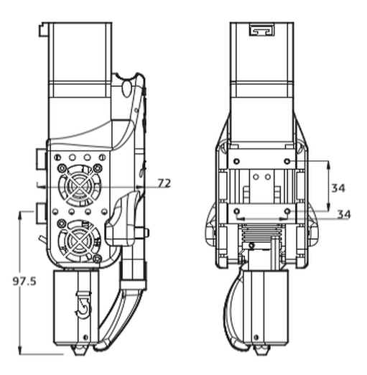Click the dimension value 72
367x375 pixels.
pos(164,183)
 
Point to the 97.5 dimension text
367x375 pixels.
pos(24,281)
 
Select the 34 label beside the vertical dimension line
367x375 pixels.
pos(338,188)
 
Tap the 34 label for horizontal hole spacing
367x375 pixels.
pos(344,214)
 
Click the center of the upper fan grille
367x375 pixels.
pos(80,185)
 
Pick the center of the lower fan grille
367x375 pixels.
pos(80,241)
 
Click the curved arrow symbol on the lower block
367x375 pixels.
pos(83,305)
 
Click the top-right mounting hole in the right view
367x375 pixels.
pos(287,161)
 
